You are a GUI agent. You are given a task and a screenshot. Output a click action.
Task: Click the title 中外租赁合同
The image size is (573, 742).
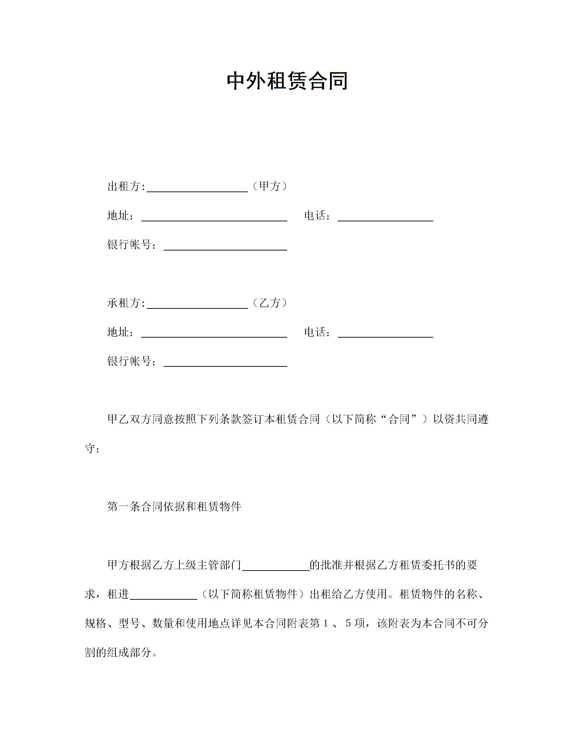(x=287, y=81)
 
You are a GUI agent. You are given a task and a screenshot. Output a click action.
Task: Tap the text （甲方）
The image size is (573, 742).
(x=270, y=186)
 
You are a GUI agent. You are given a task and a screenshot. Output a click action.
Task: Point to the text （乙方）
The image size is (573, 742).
(x=270, y=303)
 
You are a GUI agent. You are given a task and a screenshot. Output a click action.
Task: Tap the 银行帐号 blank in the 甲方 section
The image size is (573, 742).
(x=225, y=246)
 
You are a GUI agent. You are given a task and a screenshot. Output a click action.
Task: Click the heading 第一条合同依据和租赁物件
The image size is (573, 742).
(x=174, y=507)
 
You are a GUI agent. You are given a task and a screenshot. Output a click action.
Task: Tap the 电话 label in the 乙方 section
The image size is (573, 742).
(x=315, y=332)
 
